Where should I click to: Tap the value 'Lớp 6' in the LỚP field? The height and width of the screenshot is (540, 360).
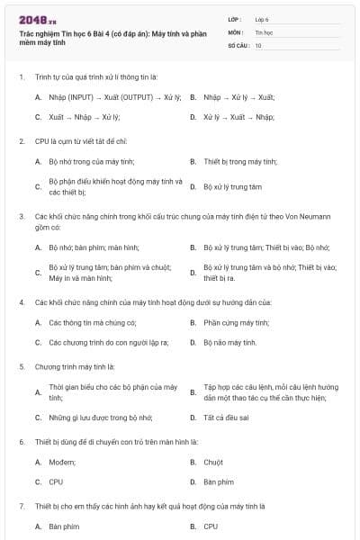pyautogui.click(x=262, y=19)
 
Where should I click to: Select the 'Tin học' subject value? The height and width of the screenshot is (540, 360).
pyautogui.click(x=263, y=31)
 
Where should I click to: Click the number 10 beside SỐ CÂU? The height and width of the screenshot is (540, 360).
pyautogui.click(x=258, y=44)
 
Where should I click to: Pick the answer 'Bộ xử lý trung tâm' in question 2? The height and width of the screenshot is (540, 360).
pyautogui.click(x=232, y=186)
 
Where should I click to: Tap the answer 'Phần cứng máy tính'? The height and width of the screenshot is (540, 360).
pyautogui.click(x=236, y=322)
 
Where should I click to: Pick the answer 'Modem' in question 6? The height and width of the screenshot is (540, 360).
pyautogui.click(x=63, y=462)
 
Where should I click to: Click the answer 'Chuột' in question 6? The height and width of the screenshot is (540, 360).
pyautogui.click(x=213, y=462)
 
